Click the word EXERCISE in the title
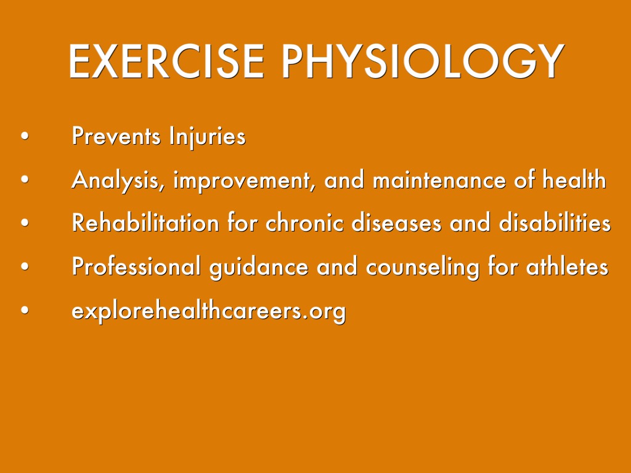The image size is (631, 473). pos(166,61)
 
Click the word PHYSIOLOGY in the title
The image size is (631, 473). pos(423,61)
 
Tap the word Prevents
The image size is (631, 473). pos(116,136)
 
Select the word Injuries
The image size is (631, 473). pos(207,137)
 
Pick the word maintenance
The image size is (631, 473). pos(439,179)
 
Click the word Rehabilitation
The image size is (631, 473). pos(145,222)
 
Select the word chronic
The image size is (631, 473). pos(304,222)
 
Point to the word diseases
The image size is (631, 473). pos(396,222)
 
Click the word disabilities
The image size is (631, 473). pos(555,222)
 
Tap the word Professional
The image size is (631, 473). pos(136,266)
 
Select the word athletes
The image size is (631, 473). pos(567,265)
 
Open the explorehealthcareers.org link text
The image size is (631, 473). pos(208,311)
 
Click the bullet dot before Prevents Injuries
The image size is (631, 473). pos(25,136)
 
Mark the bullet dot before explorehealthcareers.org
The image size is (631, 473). pos(25,310)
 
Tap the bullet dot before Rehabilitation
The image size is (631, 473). pos(25,223)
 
